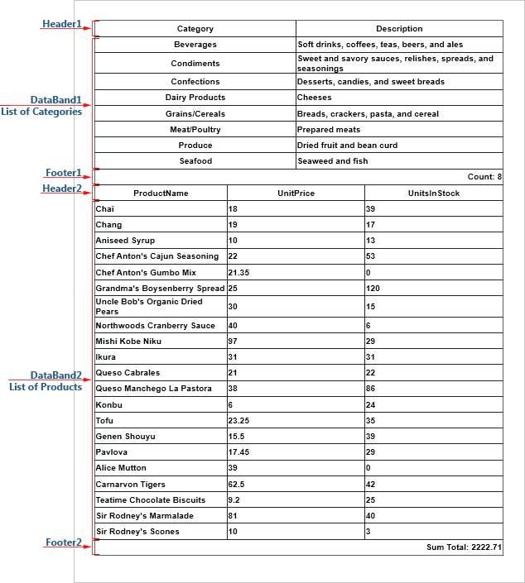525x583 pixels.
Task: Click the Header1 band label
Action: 62,24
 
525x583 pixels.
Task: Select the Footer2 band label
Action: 63,542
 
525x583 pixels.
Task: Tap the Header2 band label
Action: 62,189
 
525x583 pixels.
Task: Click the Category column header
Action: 195,29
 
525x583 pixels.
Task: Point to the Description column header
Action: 399,29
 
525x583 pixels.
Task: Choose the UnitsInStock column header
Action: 433,194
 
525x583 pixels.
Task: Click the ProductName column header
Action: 161,194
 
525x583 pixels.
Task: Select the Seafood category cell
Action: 195,161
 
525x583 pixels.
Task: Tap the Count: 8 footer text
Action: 484,177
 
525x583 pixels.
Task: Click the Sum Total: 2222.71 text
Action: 464,547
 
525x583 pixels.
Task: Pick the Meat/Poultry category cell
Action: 195,130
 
